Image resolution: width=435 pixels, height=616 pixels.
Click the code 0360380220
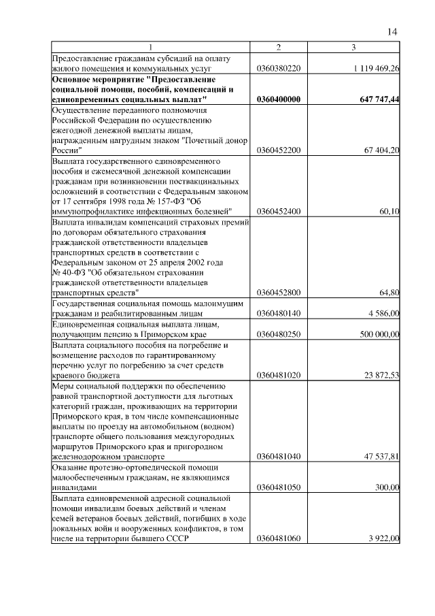click(x=279, y=69)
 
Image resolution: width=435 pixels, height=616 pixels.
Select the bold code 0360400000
click(x=279, y=99)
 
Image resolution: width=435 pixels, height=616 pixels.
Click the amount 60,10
click(x=389, y=211)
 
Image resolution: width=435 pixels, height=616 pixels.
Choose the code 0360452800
click(x=279, y=293)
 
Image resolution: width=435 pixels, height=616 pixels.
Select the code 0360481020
click(x=279, y=375)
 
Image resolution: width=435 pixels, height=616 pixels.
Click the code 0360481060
click(x=279, y=539)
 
